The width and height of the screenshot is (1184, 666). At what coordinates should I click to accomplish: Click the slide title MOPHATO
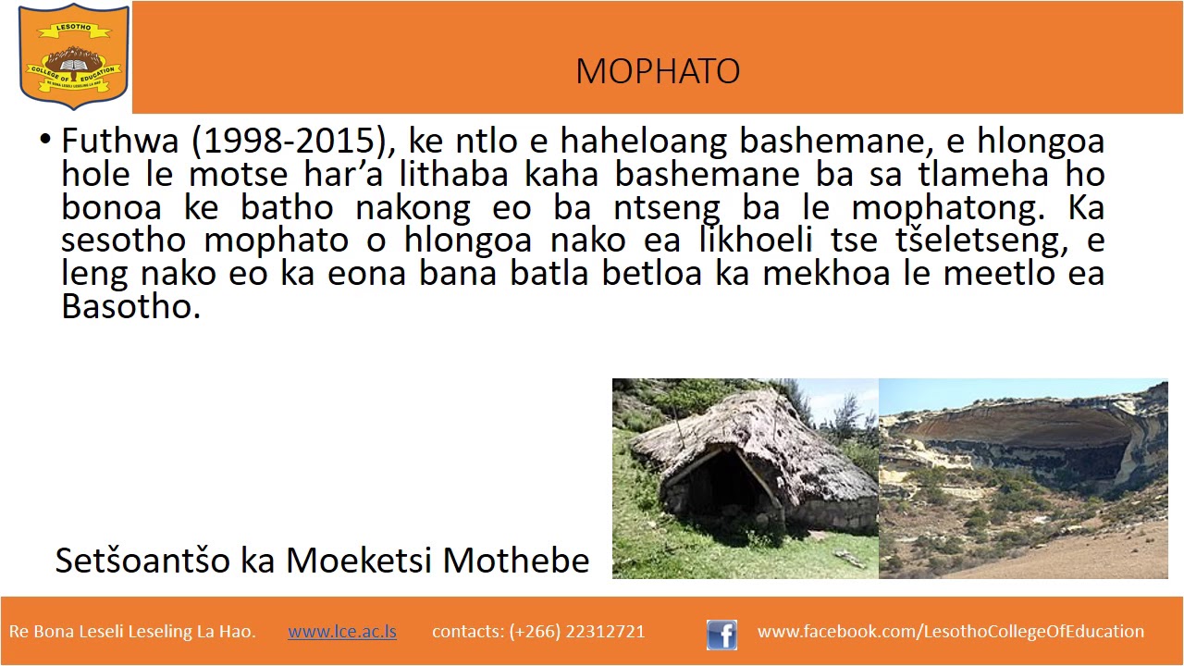pyautogui.click(x=657, y=71)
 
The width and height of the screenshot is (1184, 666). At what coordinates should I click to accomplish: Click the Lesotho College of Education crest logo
pyautogui.click(x=74, y=56)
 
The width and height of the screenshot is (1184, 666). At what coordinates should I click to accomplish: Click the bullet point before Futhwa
pyautogui.click(x=44, y=141)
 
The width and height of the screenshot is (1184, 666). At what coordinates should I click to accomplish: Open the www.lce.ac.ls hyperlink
pyautogui.click(x=342, y=632)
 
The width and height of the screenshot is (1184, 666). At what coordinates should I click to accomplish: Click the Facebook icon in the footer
pyautogui.click(x=721, y=635)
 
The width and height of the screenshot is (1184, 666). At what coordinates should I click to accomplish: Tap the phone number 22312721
pyautogui.click(x=601, y=632)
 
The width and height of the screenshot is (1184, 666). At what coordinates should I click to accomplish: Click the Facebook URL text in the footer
pyautogui.click(x=950, y=632)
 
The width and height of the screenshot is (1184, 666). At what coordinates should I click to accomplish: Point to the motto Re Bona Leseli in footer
pyautogui.click(x=132, y=632)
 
